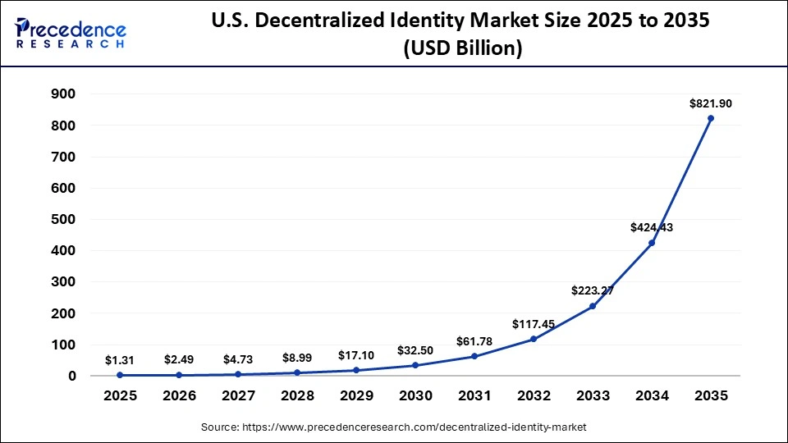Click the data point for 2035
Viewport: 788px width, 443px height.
(x=711, y=118)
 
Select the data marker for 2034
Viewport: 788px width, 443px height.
(x=652, y=243)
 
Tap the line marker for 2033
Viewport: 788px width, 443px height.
(x=593, y=306)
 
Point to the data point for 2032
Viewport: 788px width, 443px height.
(x=534, y=339)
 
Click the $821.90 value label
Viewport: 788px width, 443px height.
(x=711, y=103)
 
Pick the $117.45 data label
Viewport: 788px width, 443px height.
(x=534, y=324)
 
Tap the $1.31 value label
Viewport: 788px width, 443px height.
(x=120, y=360)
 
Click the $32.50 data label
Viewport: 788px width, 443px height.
(x=415, y=350)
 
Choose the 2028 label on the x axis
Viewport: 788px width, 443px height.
(x=297, y=395)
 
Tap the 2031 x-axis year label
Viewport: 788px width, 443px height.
(x=474, y=395)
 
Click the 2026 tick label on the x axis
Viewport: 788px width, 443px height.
(x=179, y=395)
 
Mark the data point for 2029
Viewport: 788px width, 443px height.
(x=356, y=370)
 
